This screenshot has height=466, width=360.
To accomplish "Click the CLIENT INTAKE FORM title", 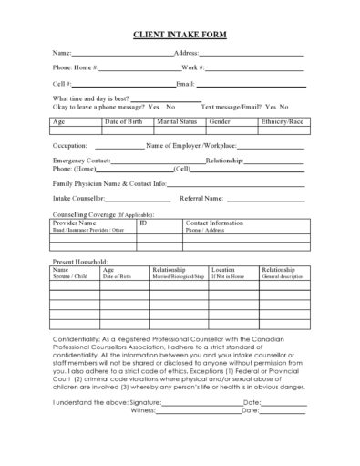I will [180, 36].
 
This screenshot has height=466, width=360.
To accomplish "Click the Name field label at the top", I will [61, 54].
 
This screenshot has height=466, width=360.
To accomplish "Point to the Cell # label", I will [61, 83].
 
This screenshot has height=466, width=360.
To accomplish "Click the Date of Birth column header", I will [122, 120].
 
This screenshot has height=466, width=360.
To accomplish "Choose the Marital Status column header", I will [176, 120].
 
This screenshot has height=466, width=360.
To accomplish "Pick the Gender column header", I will [220, 120].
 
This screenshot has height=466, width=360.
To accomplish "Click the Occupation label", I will [70, 145].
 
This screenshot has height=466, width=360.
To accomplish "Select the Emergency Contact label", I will [81, 161].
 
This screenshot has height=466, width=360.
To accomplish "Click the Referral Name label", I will [201, 197].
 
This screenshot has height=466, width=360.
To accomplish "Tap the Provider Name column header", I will [74, 223].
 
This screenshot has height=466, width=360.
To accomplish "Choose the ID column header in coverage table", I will [143, 223].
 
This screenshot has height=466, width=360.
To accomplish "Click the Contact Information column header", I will [214, 223].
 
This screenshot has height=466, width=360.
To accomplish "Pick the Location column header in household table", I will [223, 270].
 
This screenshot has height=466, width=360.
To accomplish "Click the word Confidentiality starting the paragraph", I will [80, 337].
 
